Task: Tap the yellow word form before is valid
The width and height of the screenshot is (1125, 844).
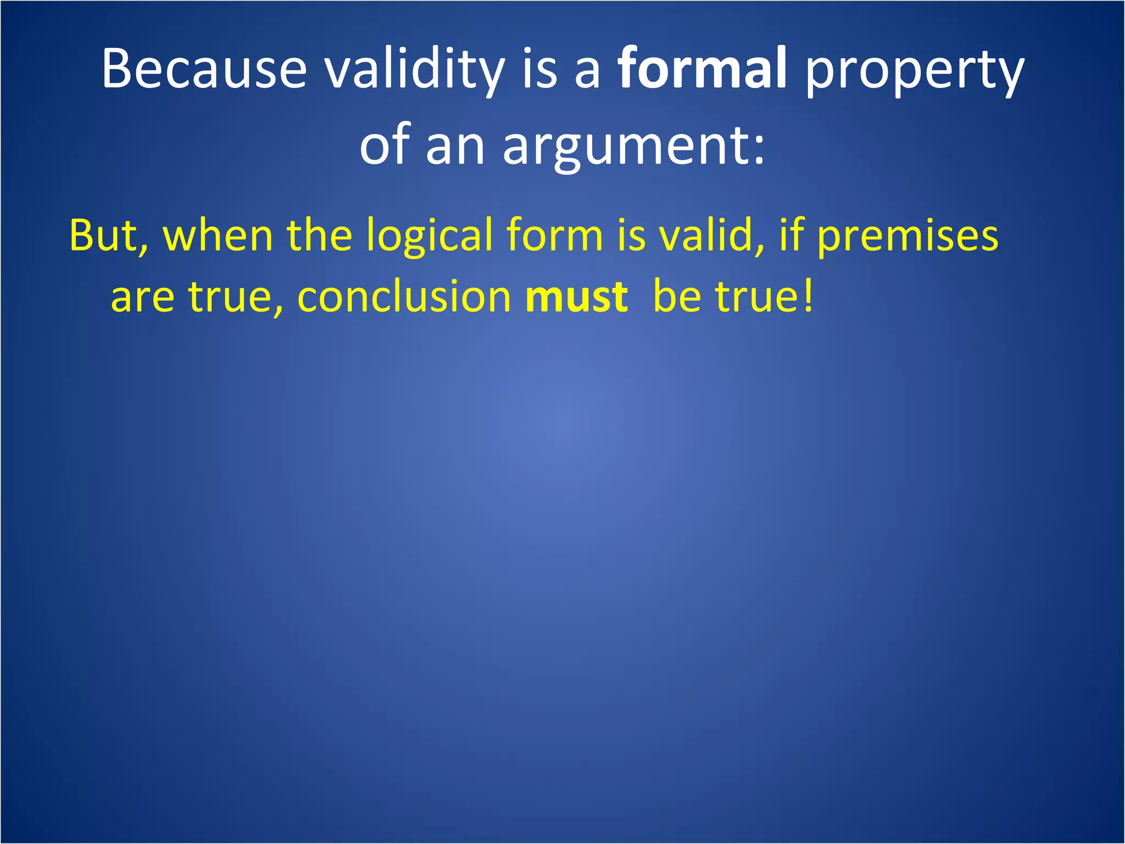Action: click(x=555, y=235)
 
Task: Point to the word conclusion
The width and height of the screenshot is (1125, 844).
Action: click(x=404, y=297)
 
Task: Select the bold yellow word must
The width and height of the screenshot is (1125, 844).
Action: click(x=576, y=297)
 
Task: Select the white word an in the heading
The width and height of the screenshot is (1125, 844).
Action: click(x=455, y=147)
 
